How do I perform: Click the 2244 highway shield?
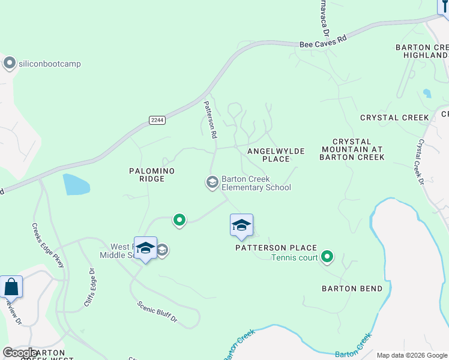(157, 120)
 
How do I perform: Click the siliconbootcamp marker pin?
(9, 64)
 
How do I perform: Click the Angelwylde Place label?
(276, 155)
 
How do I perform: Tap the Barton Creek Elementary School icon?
(212, 182)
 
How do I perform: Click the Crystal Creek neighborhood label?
(394, 118)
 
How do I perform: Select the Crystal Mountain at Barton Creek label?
(352, 149)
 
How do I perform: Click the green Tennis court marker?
(327, 257)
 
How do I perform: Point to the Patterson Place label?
(276, 247)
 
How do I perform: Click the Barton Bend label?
(352, 289)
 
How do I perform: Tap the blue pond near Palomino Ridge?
(76, 184)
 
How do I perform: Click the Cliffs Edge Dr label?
(91, 288)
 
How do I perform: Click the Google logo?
(20, 353)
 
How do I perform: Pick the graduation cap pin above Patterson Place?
(241, 226)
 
